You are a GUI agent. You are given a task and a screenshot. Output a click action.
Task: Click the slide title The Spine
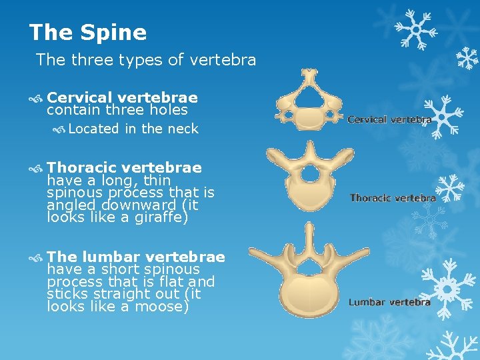(x=88, y=32)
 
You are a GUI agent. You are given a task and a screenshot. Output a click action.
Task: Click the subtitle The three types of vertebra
(x=146, y=60)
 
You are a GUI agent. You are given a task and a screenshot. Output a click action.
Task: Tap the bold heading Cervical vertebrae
(x=122, y=97)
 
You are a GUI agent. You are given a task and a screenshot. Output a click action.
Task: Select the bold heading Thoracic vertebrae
(x=124, y=167)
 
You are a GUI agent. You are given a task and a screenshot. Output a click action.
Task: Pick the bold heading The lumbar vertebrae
(x=136, y=257)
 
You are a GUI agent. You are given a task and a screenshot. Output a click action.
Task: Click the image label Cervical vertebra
(x=389, y=120)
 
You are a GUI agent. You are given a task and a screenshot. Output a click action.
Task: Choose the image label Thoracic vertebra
(x=393, y=198)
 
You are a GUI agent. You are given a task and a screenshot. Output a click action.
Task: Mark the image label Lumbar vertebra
(x=389, y=302)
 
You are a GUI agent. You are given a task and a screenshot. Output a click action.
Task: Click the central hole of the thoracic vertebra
(x=310, y=174)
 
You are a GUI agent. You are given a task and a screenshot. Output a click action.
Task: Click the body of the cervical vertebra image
(x=309, y=119)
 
